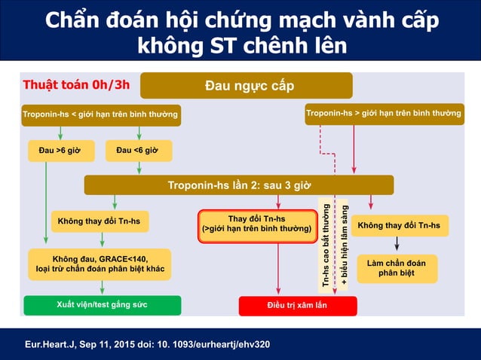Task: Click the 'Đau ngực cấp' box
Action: click(247, 85)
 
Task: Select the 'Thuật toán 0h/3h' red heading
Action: click(76, 84)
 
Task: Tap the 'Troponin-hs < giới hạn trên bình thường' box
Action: click(100, 114)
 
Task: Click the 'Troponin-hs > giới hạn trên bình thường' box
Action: click(384, 114)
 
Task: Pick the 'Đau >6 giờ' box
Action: click(60, 151)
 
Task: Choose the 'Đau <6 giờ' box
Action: click(138, 151)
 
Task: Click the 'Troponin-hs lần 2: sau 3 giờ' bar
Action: click(238, 185)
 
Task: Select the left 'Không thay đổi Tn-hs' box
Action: click(100, 221)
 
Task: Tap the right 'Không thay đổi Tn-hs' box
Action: click(399, 225)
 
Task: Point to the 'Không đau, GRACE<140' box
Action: click(100, 264)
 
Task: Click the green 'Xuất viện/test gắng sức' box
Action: click(103, 305)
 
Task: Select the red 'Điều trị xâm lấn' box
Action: click(297, 306)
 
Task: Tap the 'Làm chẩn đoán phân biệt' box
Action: click(397, 268)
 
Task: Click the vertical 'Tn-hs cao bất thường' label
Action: click(326, 244)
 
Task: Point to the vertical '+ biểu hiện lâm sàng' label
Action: click(343, 244)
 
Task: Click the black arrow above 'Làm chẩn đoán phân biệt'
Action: click(397, 245)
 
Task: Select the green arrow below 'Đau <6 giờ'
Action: click(139, 168)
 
